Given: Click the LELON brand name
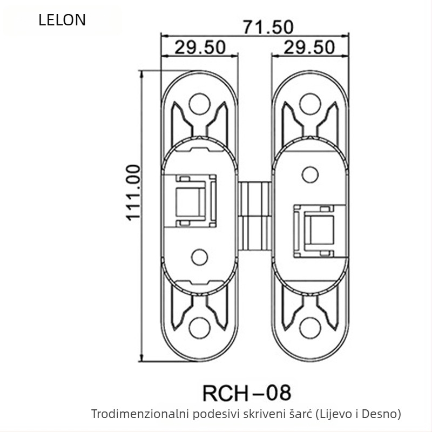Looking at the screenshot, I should (x=62, y=21).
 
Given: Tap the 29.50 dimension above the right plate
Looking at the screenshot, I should (x=309, y=47).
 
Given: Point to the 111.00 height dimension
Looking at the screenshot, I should (x=133, y=192).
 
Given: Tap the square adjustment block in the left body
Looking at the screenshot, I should (x=192, y=200).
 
